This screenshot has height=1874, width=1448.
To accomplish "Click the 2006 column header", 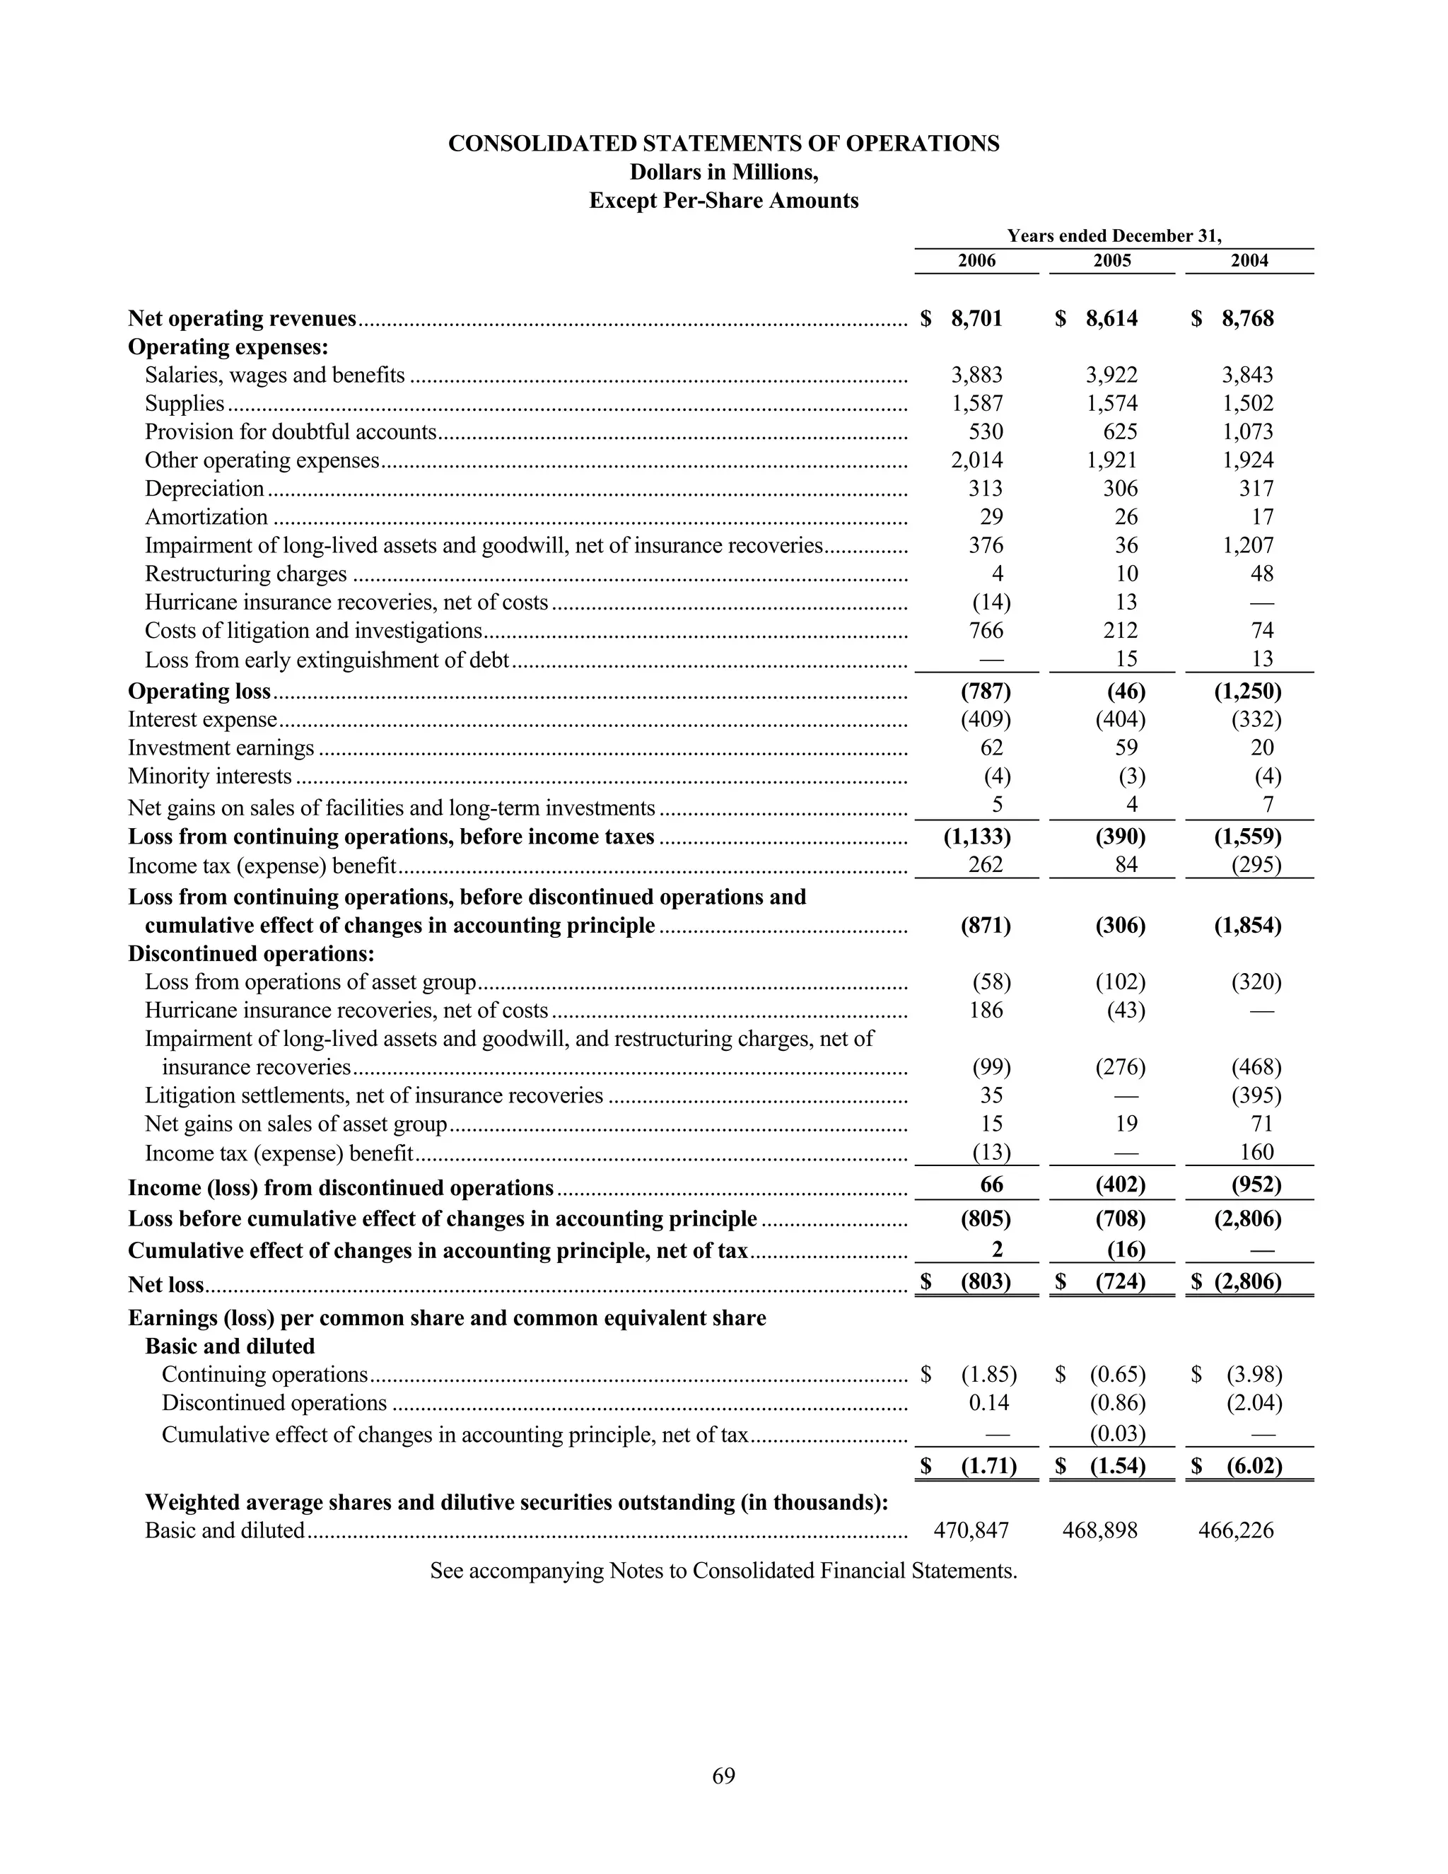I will (976, 261).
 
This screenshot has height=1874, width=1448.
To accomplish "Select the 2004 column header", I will (1249, 261).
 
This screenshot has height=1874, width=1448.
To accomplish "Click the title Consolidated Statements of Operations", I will (723, 144).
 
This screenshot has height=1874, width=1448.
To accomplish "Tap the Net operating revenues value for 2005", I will (1111, 318).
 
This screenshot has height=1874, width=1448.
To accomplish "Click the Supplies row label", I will (185, 403).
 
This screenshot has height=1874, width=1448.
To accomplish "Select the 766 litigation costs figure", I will (986, 631).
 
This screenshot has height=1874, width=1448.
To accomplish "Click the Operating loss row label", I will (199, 692).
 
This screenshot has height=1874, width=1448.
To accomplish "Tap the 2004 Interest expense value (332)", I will (1256, 719).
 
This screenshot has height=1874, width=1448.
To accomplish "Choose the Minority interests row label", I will (209, 776).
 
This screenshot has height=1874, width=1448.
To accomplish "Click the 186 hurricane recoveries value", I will (986, 1010).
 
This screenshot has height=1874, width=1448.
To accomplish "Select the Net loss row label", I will (165, 1284).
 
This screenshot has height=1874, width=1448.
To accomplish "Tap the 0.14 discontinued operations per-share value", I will (988, 1403).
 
